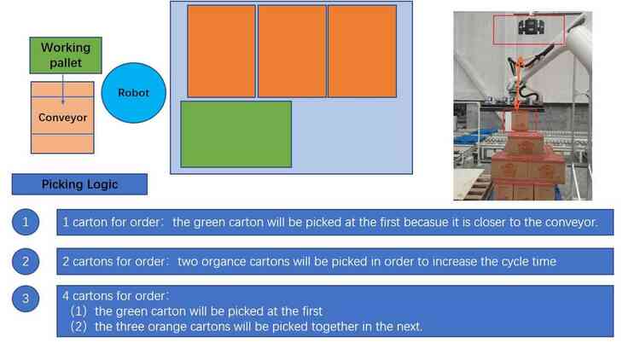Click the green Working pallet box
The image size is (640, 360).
[66, 55]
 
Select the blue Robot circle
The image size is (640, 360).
[133, 93]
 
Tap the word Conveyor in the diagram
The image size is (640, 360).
[62, 118]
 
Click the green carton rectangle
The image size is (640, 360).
[236, 134]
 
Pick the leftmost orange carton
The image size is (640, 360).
[221, 51]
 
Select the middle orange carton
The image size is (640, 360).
[292, 51]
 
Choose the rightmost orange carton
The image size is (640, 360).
[362, 51]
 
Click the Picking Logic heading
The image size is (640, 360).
[79, 184]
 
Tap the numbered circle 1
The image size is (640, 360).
[26, 222]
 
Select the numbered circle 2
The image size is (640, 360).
[26, 261]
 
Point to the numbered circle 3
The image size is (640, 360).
[26, 299]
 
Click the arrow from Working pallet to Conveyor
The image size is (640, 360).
[63, 89]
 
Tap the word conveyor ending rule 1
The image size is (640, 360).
[571, 222]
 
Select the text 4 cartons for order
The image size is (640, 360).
[114, 295]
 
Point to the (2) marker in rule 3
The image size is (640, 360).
[79, 327]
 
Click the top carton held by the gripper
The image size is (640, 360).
[519, 122]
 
